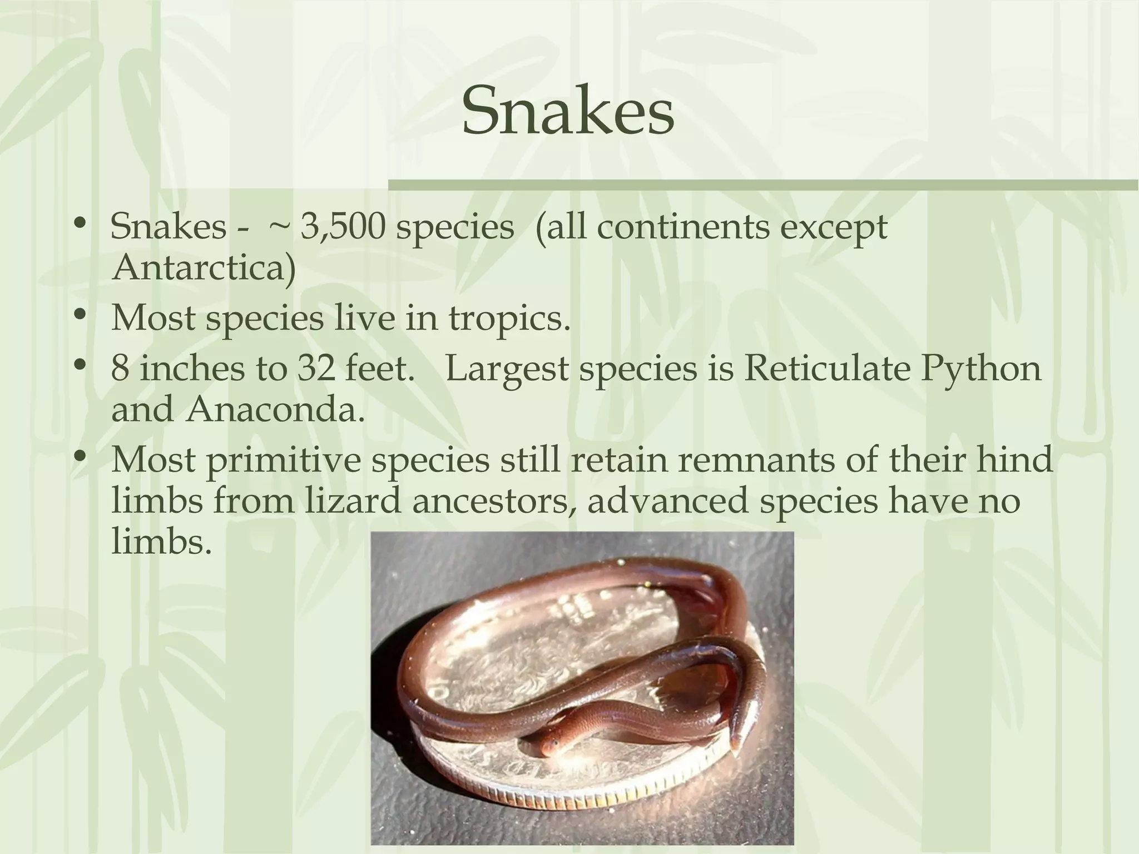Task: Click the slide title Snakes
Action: (568, 112)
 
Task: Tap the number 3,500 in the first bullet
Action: (343, 227)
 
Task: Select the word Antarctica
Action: (204, 269)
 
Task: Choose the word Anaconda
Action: (276, 410)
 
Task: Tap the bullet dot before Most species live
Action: (81, 316)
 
